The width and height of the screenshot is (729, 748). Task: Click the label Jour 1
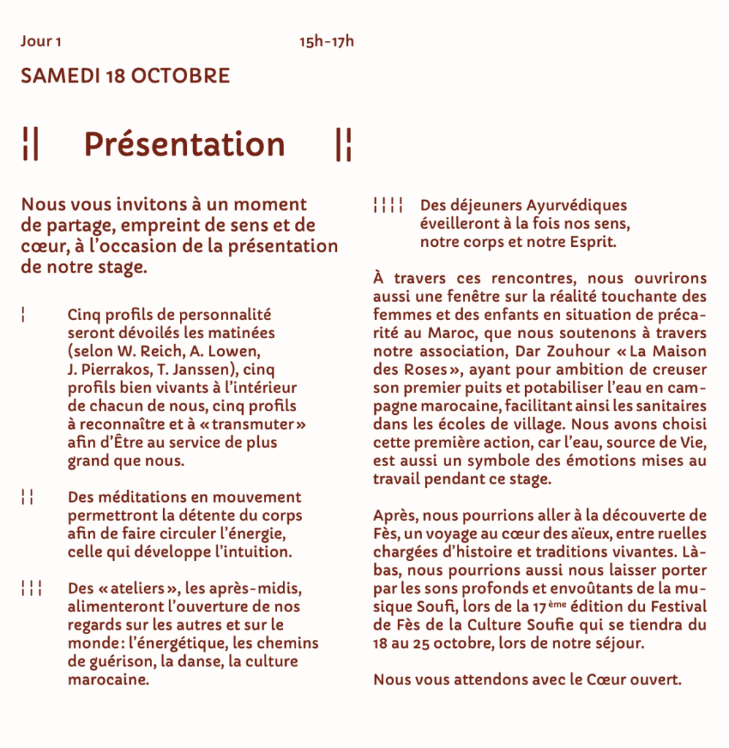tap(41, 41)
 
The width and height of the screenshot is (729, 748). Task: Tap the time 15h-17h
tap(326, 41)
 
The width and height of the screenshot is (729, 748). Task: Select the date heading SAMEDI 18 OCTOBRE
tap(125, 76)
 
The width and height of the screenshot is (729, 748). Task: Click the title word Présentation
tap(184, 144)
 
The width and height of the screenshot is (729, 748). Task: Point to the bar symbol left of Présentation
tap(30, 144)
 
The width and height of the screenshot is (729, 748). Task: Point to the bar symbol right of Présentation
tap(343, 144)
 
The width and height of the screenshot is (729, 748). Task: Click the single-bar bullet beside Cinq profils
tap(25, 316)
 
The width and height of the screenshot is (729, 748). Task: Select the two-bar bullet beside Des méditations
tap(28, 498)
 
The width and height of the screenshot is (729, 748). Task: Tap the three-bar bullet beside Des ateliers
tap(31, 589)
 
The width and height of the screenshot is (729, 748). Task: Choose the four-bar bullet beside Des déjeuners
tap(388, 206)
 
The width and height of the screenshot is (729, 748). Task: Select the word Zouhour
tap(572, 351)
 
